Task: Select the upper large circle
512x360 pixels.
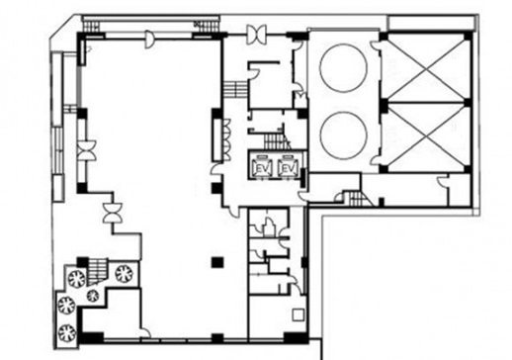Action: coord(343,67)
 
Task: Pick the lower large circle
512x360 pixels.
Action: coord(343,135)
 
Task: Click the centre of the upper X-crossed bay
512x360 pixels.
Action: coord(427,69)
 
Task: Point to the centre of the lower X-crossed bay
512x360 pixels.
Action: coord(427,136)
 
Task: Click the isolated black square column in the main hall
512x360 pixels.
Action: coord(217,262)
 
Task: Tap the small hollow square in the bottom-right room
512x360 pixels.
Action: coord(298,315)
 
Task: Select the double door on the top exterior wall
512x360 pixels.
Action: coord(256,35)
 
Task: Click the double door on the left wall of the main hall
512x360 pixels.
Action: coord(86,150)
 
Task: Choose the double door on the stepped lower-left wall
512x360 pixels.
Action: coord(113,213)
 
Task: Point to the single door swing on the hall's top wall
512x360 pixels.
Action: coord(149,40)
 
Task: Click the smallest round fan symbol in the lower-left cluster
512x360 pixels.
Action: coord(93,295)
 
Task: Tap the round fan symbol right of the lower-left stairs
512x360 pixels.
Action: coord(124,273)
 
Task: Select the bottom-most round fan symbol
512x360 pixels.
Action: coord(67,332)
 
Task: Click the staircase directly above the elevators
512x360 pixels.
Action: coord(275,141)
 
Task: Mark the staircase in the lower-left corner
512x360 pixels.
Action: coord(98,271)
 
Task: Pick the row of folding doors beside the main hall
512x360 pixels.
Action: coord(227,139)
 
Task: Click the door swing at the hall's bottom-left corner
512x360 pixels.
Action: coord(145,332)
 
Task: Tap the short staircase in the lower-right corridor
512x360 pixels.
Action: coord(355,198)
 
